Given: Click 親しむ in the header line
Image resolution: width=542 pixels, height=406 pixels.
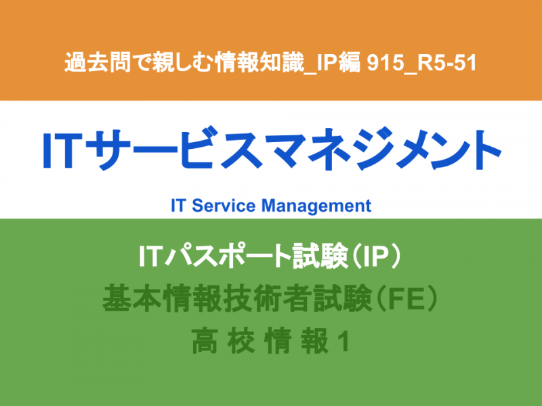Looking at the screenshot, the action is [x=181, y=62].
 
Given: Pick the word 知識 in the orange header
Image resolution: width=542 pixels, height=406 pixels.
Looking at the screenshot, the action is [x=281, y=62].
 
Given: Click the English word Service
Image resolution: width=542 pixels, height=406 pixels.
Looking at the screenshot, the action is [x=224, y=206].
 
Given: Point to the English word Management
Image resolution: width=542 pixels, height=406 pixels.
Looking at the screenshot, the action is [x=316, y=206].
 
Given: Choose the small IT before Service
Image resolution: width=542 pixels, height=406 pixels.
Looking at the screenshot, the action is [x=179, y=206].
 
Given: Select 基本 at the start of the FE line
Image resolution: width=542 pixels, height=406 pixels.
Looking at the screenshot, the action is [x=132, y=298].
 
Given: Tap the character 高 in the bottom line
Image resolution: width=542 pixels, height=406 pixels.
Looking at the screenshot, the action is [x=205, y=341].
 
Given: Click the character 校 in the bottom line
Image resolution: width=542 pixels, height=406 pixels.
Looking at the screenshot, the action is [x=241, y=341].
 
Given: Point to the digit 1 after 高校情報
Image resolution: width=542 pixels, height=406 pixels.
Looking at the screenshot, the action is [x=343, y=342].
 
